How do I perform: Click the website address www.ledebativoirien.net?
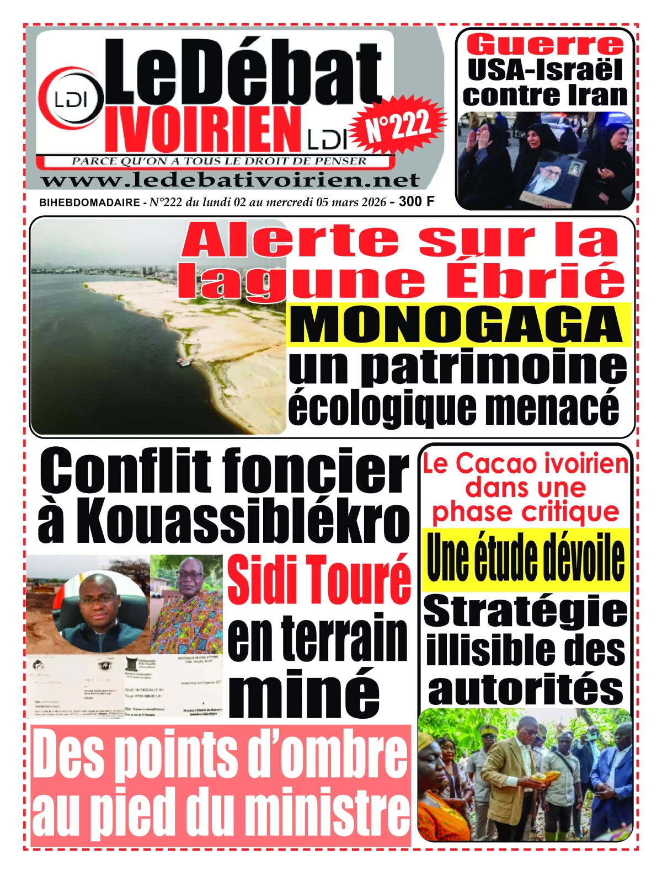point(230,180)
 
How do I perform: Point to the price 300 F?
point(416,201)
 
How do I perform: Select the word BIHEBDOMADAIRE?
point(89,202)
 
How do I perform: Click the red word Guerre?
point(545,45)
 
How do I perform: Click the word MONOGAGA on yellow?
point(458,324)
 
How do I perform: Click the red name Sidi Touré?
point(319,579)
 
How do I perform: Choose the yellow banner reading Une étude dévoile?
point(526,558)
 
